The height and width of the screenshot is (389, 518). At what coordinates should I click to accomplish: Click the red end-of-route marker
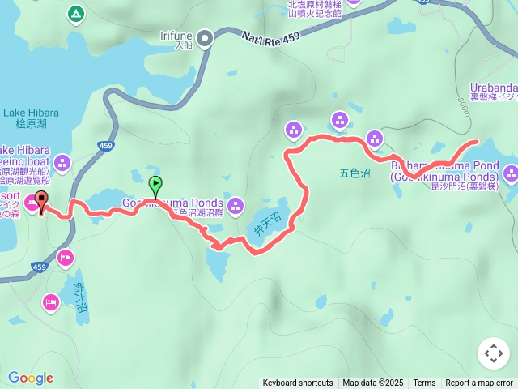(40, 199)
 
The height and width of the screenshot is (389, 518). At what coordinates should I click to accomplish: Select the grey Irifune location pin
(206, 37)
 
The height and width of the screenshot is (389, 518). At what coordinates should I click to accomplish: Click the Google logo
(31, 378)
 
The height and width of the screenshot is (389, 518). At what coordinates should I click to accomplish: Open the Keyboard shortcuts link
(297, 383)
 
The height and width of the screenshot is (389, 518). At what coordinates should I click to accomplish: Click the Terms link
(424, 383)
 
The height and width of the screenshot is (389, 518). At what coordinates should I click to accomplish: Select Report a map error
(479, 383)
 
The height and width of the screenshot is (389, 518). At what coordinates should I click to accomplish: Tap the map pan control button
(494, 353)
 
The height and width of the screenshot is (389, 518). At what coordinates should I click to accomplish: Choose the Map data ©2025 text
(372, 383)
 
